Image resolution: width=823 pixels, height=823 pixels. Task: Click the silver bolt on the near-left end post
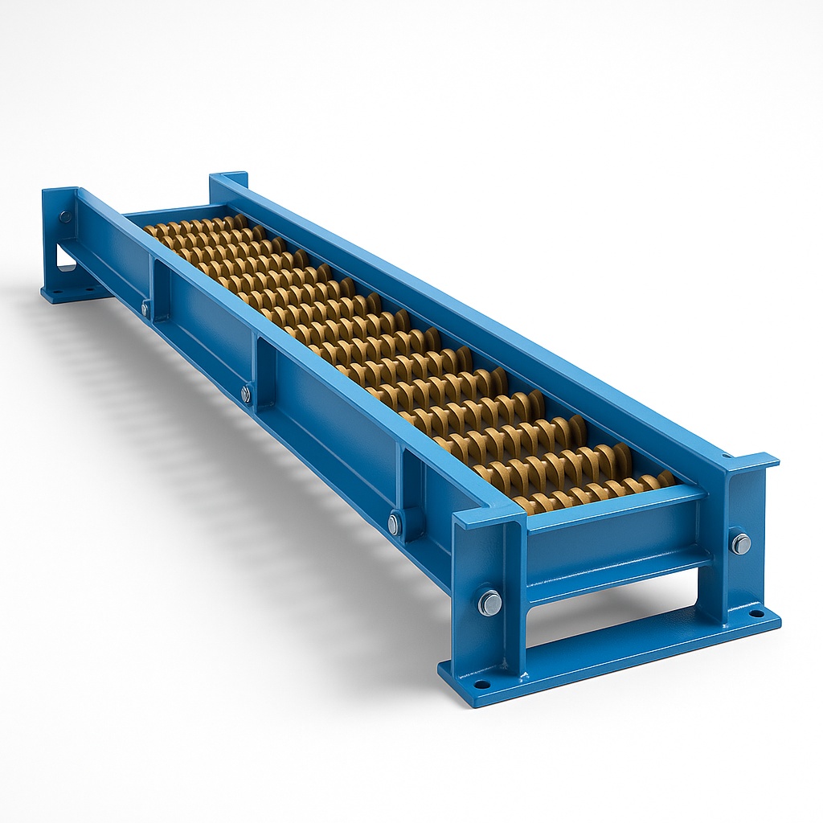pos(489,602)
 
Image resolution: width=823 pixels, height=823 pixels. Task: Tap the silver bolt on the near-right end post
pos(740,543)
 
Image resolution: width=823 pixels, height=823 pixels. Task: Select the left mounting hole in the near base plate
pos(481,685)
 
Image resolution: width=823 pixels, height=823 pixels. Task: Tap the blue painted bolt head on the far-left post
pos(65,216)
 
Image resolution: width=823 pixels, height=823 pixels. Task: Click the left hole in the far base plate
pos(57,292)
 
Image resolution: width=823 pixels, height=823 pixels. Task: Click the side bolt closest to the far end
pos(145,307)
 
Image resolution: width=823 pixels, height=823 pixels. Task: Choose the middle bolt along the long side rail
pos(246,394)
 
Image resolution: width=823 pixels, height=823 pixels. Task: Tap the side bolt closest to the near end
pos(394,523)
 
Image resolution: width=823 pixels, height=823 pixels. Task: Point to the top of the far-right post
pos(228,177)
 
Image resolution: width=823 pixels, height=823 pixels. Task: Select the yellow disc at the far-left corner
pos(151,230)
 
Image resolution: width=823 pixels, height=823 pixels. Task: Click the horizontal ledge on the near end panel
pos(619,563)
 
